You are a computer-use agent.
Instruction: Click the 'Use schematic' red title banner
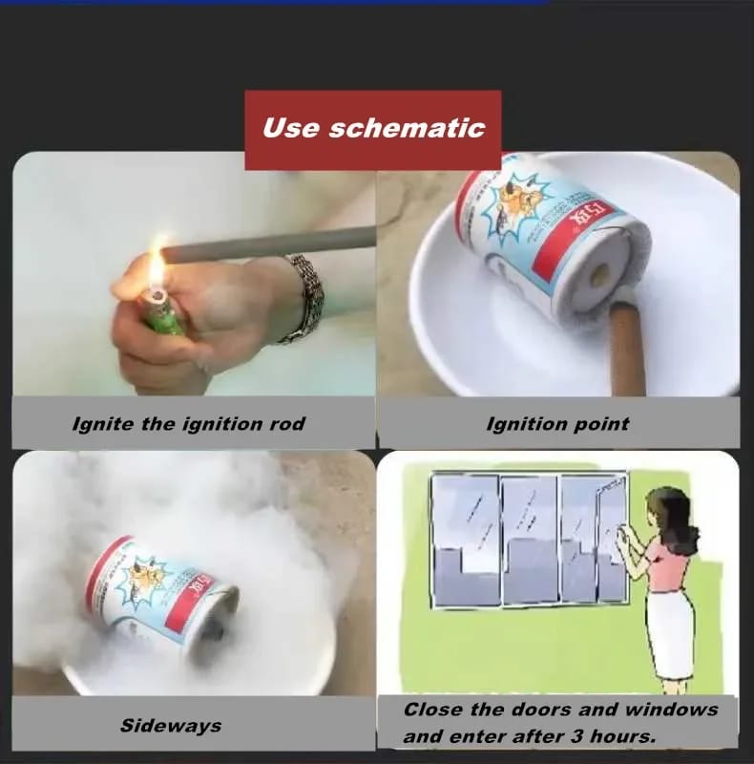pos(373,129)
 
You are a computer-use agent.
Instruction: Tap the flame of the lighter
pos(157,268)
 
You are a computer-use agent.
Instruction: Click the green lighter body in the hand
pos(162,314)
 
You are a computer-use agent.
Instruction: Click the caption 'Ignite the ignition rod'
pos(189,423)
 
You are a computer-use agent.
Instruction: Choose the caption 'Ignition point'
pos(558,423)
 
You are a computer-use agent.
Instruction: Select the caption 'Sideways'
pos(171,725)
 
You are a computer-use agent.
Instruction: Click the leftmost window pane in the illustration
pos(464,540)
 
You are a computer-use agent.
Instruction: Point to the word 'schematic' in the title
pos(420,129)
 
